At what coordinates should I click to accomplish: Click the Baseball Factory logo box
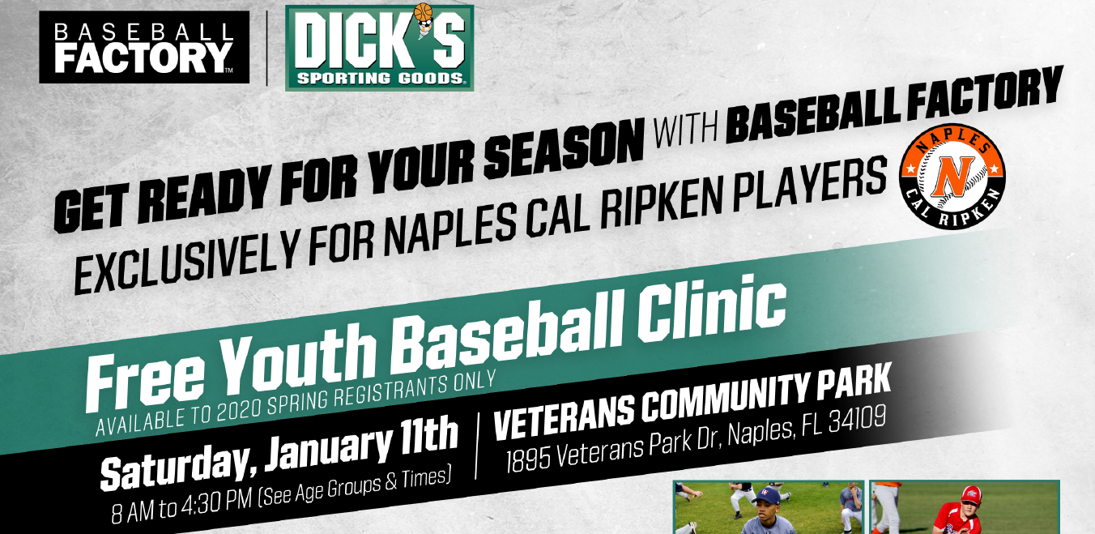pyautogui.click(x=144, y=48)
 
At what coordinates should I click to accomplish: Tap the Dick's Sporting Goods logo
pyautogui.click(x=379, y=48)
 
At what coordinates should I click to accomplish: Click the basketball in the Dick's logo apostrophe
pyautogui.click(x=423, y=11)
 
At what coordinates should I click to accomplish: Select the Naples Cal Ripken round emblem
pyautogui.click(x=952, y=176)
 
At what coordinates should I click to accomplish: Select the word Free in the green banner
pyautogui.click(x=146, y=380)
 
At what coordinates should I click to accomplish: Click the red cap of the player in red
pyautogui.click(x=972, y=494)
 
